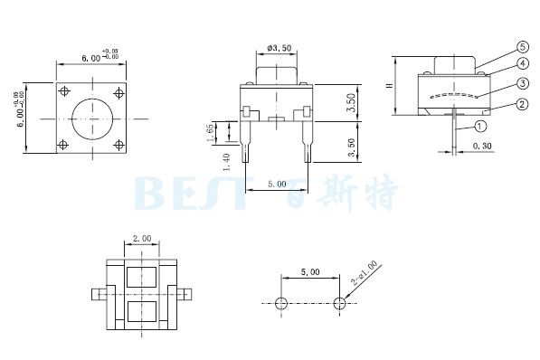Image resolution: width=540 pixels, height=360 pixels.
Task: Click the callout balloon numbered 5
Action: (x=497, y=46)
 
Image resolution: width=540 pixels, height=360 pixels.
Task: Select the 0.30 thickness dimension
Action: (x=482, y=145)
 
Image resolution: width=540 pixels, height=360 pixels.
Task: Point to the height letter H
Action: (x=389, y=86)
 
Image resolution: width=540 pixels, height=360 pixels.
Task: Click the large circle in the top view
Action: (x=90, y=118)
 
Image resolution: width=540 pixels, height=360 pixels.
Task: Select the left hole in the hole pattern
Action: (x=281, y=302)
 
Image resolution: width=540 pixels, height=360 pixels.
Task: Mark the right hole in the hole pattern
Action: (x=340, y=302)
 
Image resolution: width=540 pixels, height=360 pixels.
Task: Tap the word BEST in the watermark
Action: (x=190, y=192)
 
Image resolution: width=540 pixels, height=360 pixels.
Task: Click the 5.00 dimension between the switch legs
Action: (x=278, y=183)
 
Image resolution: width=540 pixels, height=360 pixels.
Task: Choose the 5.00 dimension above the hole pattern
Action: (x=309, y=271)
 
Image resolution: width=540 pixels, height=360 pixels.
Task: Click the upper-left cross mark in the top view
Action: (x=62, y=90)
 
